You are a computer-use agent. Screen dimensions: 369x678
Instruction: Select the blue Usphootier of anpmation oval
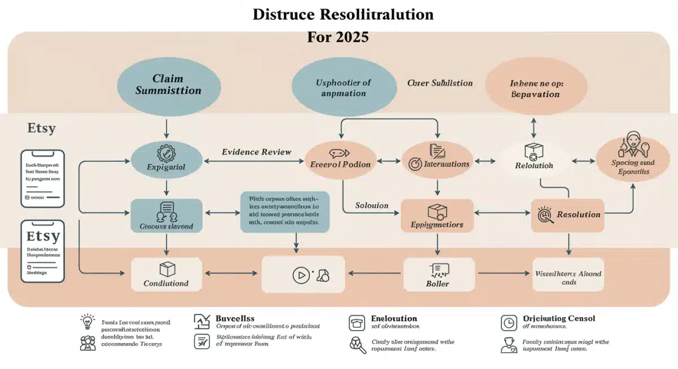[x=344, y=87]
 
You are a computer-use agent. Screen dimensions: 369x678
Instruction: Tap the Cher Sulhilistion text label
[x=440, y=83]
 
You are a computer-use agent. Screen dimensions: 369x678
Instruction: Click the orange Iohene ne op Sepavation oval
[x=536, y=88]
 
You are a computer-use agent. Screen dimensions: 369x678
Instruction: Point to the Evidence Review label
[x=257, y=152]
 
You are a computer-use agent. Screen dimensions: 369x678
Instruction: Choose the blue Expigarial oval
[x=166, y=160]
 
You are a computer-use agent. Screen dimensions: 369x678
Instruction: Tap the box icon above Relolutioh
[x=533, y=151]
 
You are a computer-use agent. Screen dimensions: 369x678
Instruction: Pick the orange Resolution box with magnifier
[x=568, y=215]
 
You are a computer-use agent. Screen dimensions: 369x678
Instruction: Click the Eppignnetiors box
[x=437, y=216]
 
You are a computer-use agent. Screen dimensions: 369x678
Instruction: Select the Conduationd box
[x=166, y=275]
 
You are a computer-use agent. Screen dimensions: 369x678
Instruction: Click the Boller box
[x=437, y=275]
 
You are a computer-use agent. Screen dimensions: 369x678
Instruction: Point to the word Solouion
[x=371, y=205]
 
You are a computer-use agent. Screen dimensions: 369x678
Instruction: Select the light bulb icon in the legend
[x=88, y=322]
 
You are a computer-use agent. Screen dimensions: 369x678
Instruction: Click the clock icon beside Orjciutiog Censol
[x=508, y=323]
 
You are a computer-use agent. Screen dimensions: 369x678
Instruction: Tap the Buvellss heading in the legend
[x=235, y=319]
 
